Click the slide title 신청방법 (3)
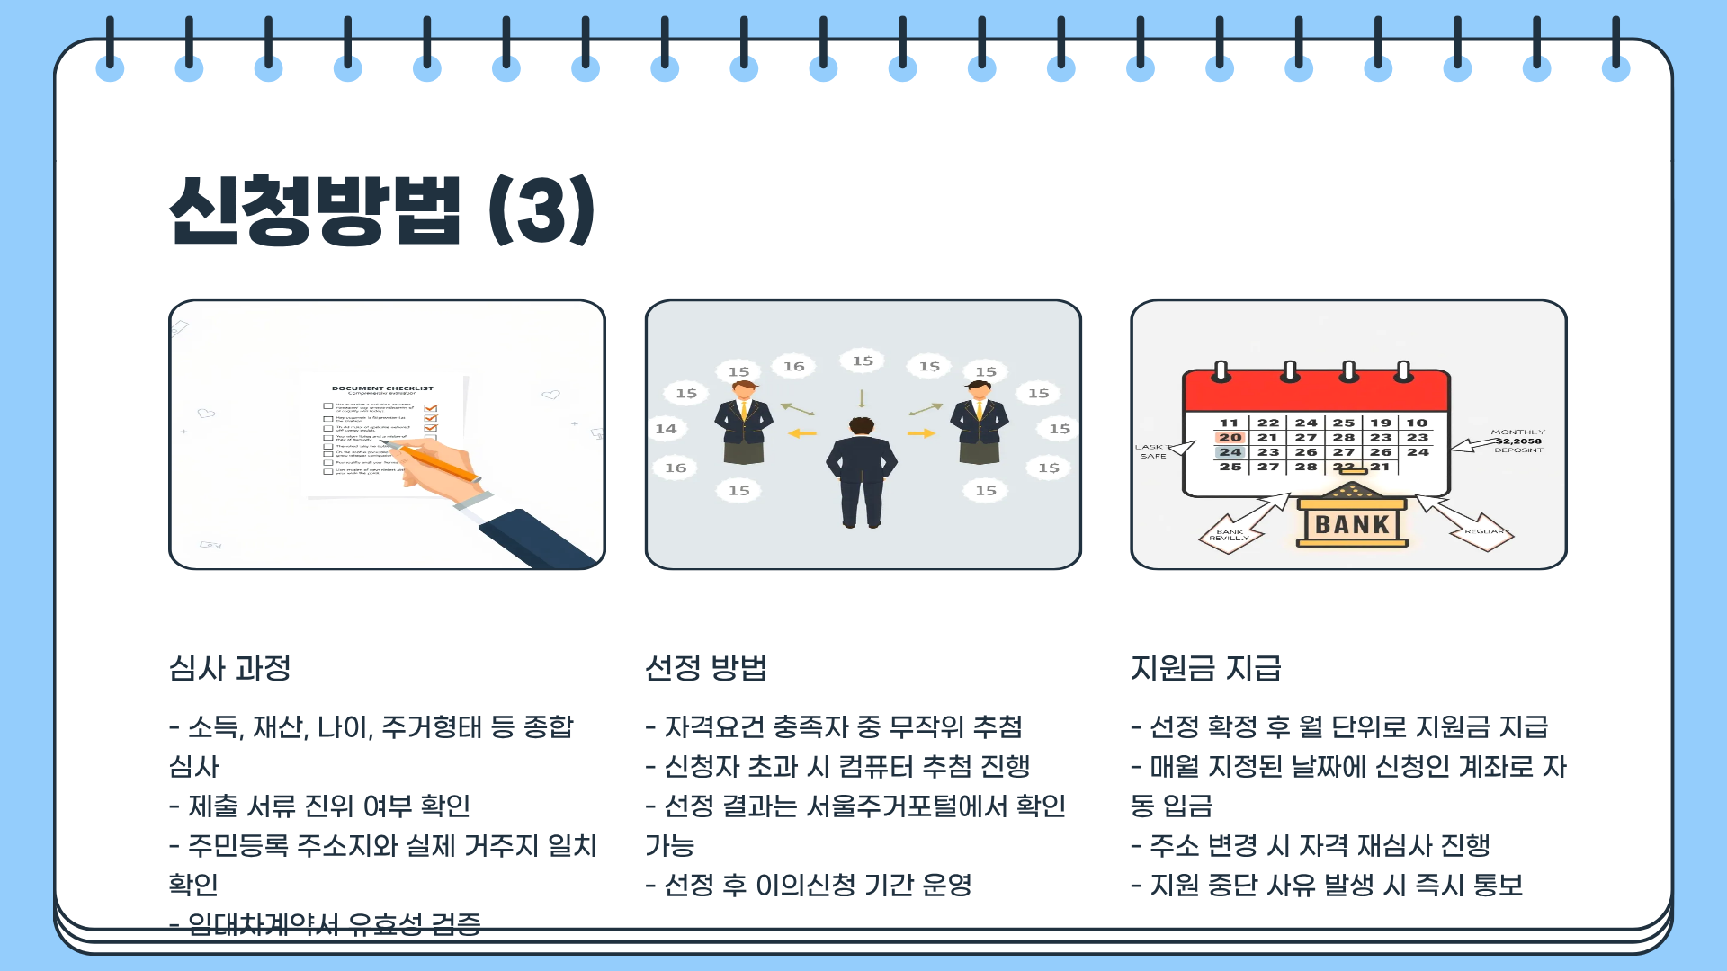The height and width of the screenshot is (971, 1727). point(381,210)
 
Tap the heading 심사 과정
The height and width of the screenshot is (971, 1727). point(230,668)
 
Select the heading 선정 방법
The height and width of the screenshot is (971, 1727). point(706,668)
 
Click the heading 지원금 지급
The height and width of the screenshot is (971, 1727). point(1205,668)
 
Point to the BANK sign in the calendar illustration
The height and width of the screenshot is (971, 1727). point(1352,524)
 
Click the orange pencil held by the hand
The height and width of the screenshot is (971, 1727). point(441,462)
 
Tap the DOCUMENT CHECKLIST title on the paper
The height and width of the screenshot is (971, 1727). point(382,388)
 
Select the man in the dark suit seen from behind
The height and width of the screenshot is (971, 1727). point(862,472)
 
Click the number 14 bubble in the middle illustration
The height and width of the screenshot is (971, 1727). point(666,429)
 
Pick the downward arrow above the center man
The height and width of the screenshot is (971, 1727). point(862,398)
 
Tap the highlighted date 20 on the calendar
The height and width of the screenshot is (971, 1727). point(1230,437)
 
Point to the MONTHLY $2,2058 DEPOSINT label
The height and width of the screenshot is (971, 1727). point(1517,441)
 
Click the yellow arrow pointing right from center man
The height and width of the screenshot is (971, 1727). point(921,433)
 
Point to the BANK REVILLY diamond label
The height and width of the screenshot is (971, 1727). point(1230,534)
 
